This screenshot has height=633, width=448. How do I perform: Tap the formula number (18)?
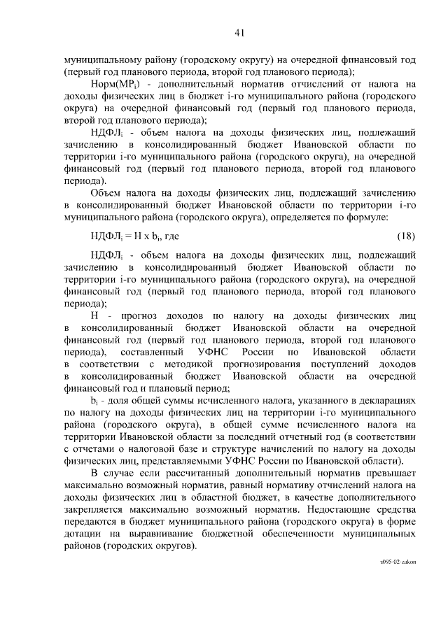tap(406, 236)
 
